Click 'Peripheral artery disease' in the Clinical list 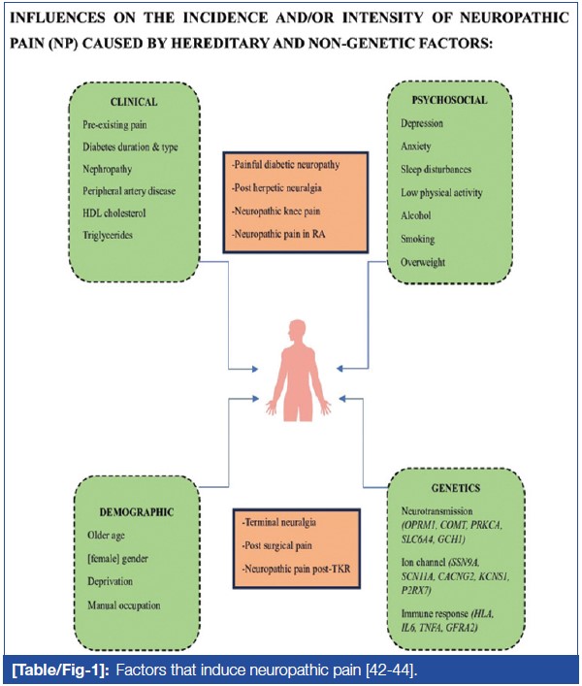click(130, 189)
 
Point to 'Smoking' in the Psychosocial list click(420, 239)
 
